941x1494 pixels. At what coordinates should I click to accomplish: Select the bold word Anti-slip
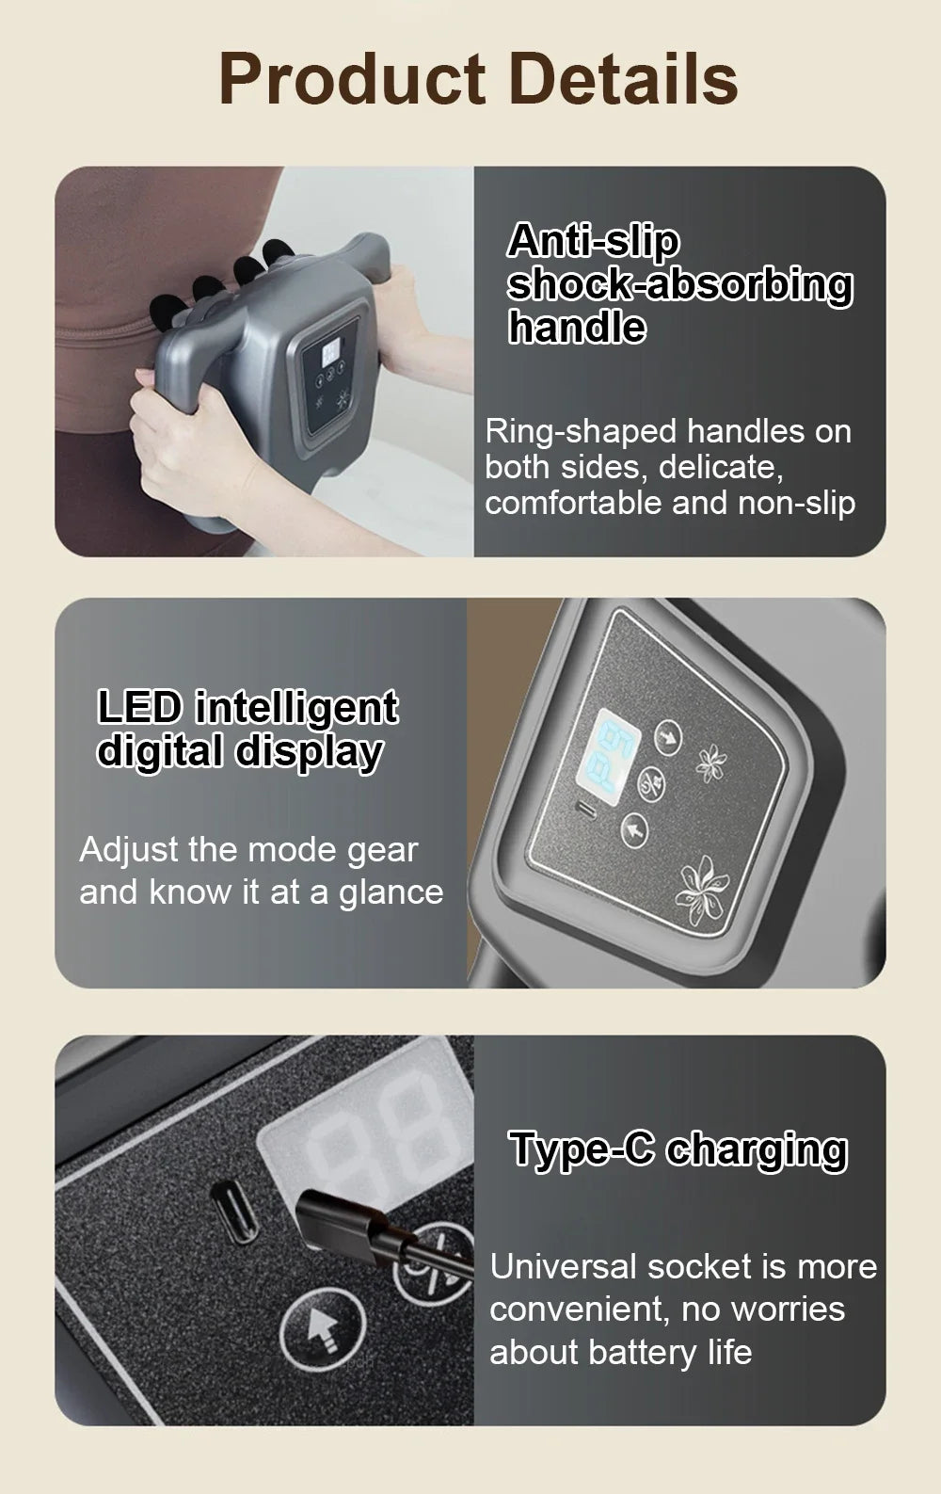pyautogui.click(x=593, y=242)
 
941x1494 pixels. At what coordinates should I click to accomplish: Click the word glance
pyautogui.click(x=391, y=892)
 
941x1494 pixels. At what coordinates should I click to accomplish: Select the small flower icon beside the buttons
pyautogui.click(x=712, y=763)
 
